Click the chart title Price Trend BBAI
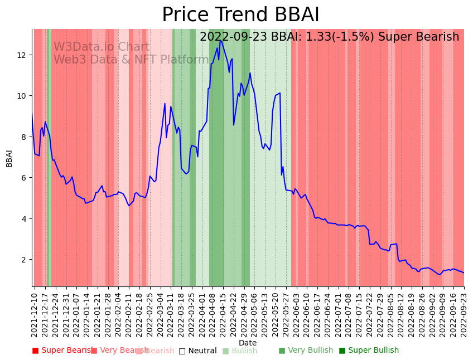pyautogui.click(x=240, y=15)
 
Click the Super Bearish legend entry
pyautogui.click(x=63, y=351)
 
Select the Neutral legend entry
pyautogui.click(x=197, y=351)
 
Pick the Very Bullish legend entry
pyautogui.click(x=306, y=351)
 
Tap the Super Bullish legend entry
pyautogui.click(x=369, y=351)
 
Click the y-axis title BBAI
pyautogui.click(x=9, y=158)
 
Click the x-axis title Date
pyautogui.click(x=248, y=343)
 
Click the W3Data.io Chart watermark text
pyautogui.click(x=102, y=47)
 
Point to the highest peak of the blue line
pyautogui.click(x=220, y=40)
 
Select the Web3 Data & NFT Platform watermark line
pyautogui.click(x=131, y=60)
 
